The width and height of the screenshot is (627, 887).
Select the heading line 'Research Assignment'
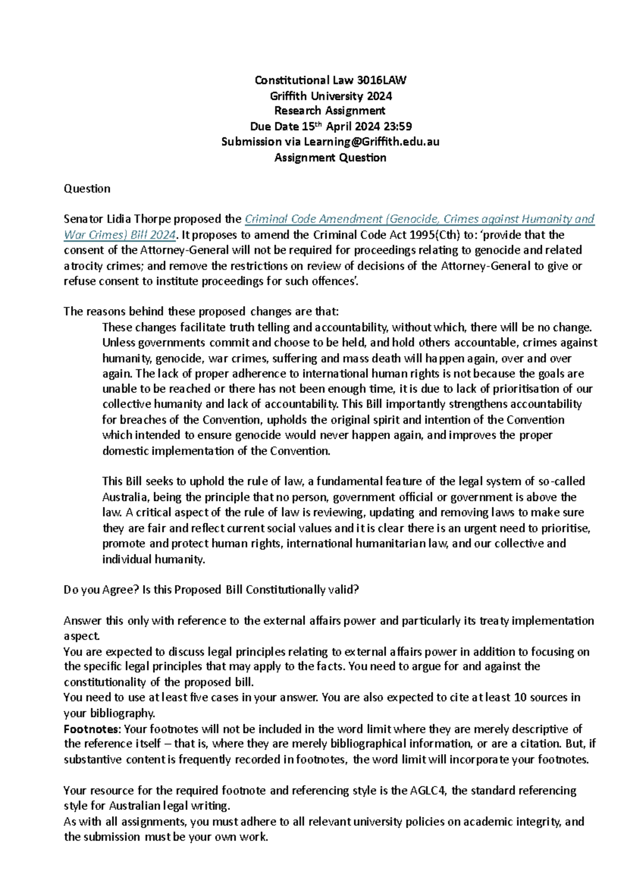330,111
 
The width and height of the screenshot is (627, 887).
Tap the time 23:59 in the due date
398,126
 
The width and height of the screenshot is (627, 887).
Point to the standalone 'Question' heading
87,189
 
